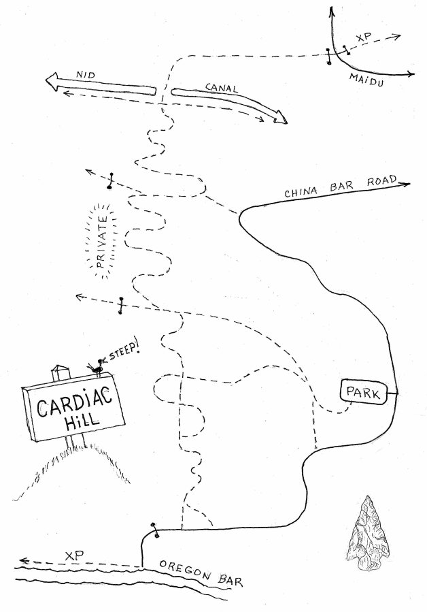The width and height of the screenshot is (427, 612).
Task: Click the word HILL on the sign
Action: (x=81, y=421)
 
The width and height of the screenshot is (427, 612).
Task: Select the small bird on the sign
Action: (x=98, y=367)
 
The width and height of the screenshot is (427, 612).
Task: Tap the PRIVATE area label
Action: (x=103, y=242)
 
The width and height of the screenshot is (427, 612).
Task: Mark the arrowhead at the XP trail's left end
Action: (x=24, y=562)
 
